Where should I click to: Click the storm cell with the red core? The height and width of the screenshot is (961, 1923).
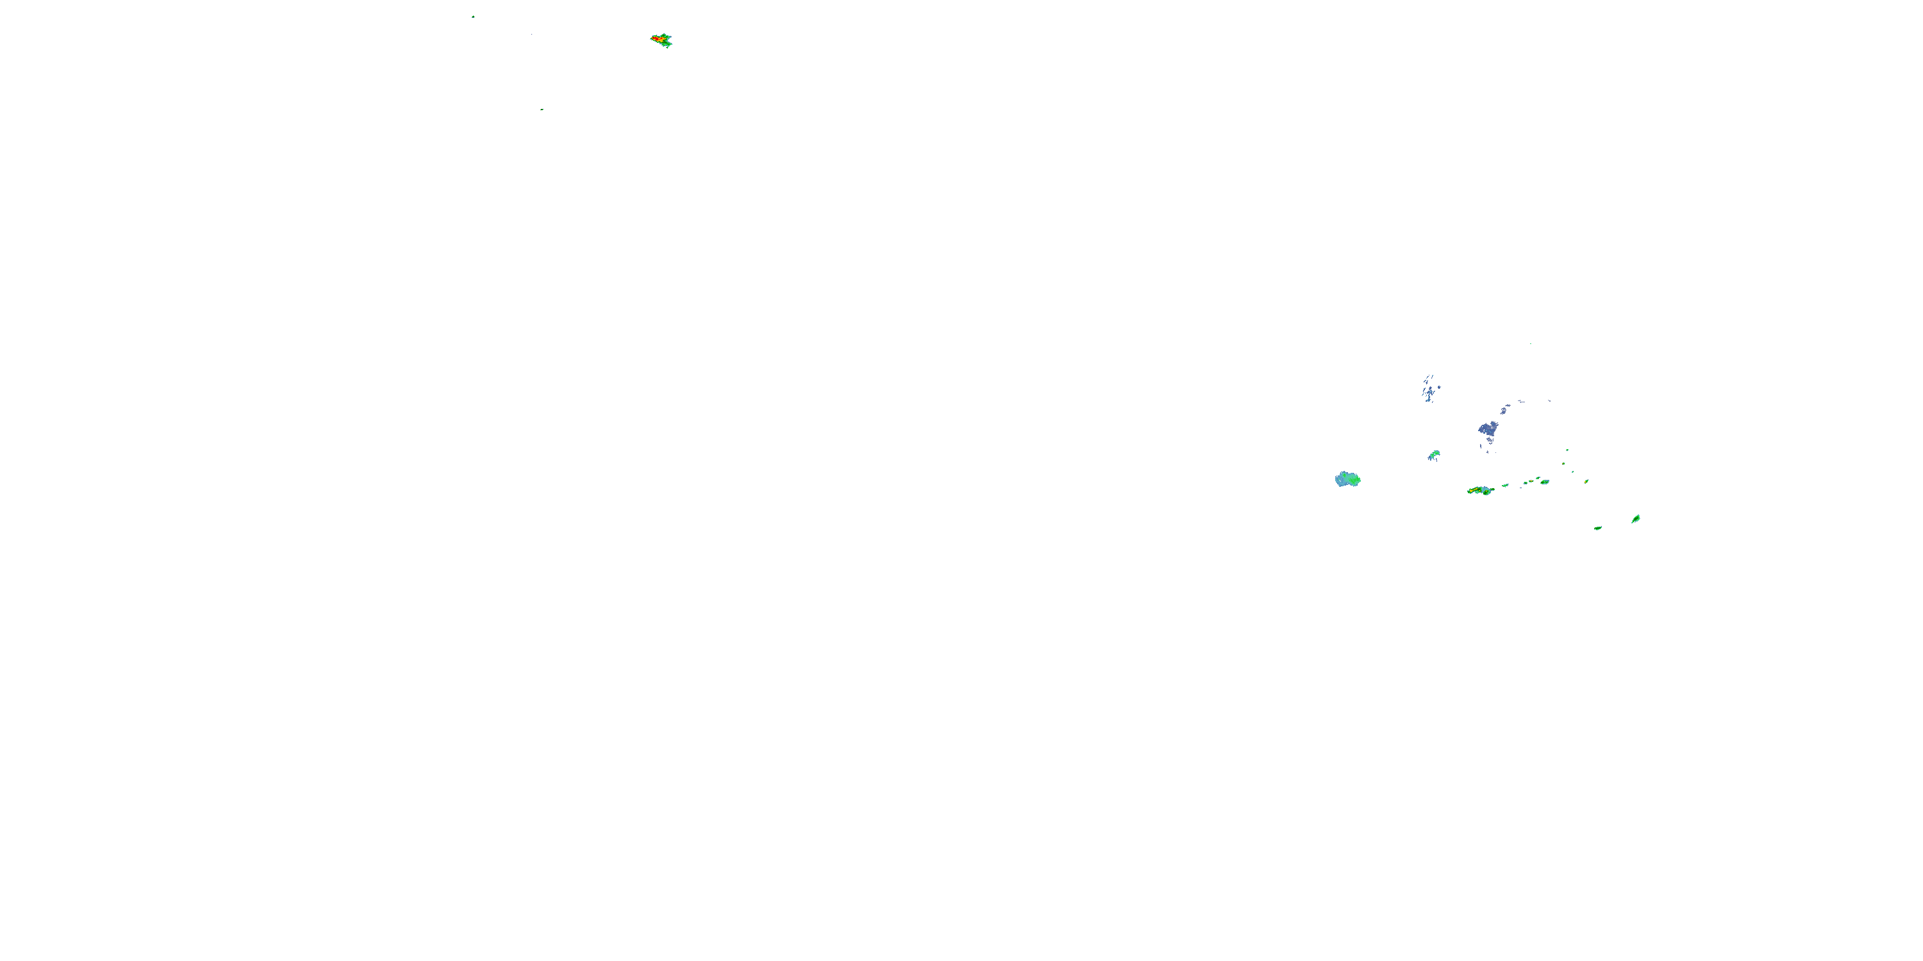(x=662, y=40)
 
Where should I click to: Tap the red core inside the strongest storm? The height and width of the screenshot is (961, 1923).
(x=657, y=37)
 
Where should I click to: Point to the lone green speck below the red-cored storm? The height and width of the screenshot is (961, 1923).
(x=542, y=110)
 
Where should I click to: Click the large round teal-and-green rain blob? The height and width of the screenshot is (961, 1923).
(x=1347, y=479)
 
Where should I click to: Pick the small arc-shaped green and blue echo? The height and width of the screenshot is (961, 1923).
(x=1434, y=455)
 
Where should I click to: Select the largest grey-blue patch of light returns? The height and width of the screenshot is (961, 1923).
(x=1488, y=429)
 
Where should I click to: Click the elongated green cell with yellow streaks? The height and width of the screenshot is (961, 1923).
(x=1479, y=490)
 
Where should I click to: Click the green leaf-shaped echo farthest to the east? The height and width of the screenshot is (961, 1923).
(x=1636, y=518)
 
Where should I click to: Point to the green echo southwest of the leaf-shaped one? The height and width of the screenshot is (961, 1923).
(x=1598, y=529)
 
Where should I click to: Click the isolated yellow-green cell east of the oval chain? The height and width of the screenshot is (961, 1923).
(x=1586, y=481)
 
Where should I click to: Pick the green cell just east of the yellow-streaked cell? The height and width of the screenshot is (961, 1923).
(x=1505, y=486)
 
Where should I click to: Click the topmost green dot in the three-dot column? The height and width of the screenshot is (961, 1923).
(x=1567, y=450)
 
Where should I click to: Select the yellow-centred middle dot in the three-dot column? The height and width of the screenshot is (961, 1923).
(x=1563, y=463)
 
